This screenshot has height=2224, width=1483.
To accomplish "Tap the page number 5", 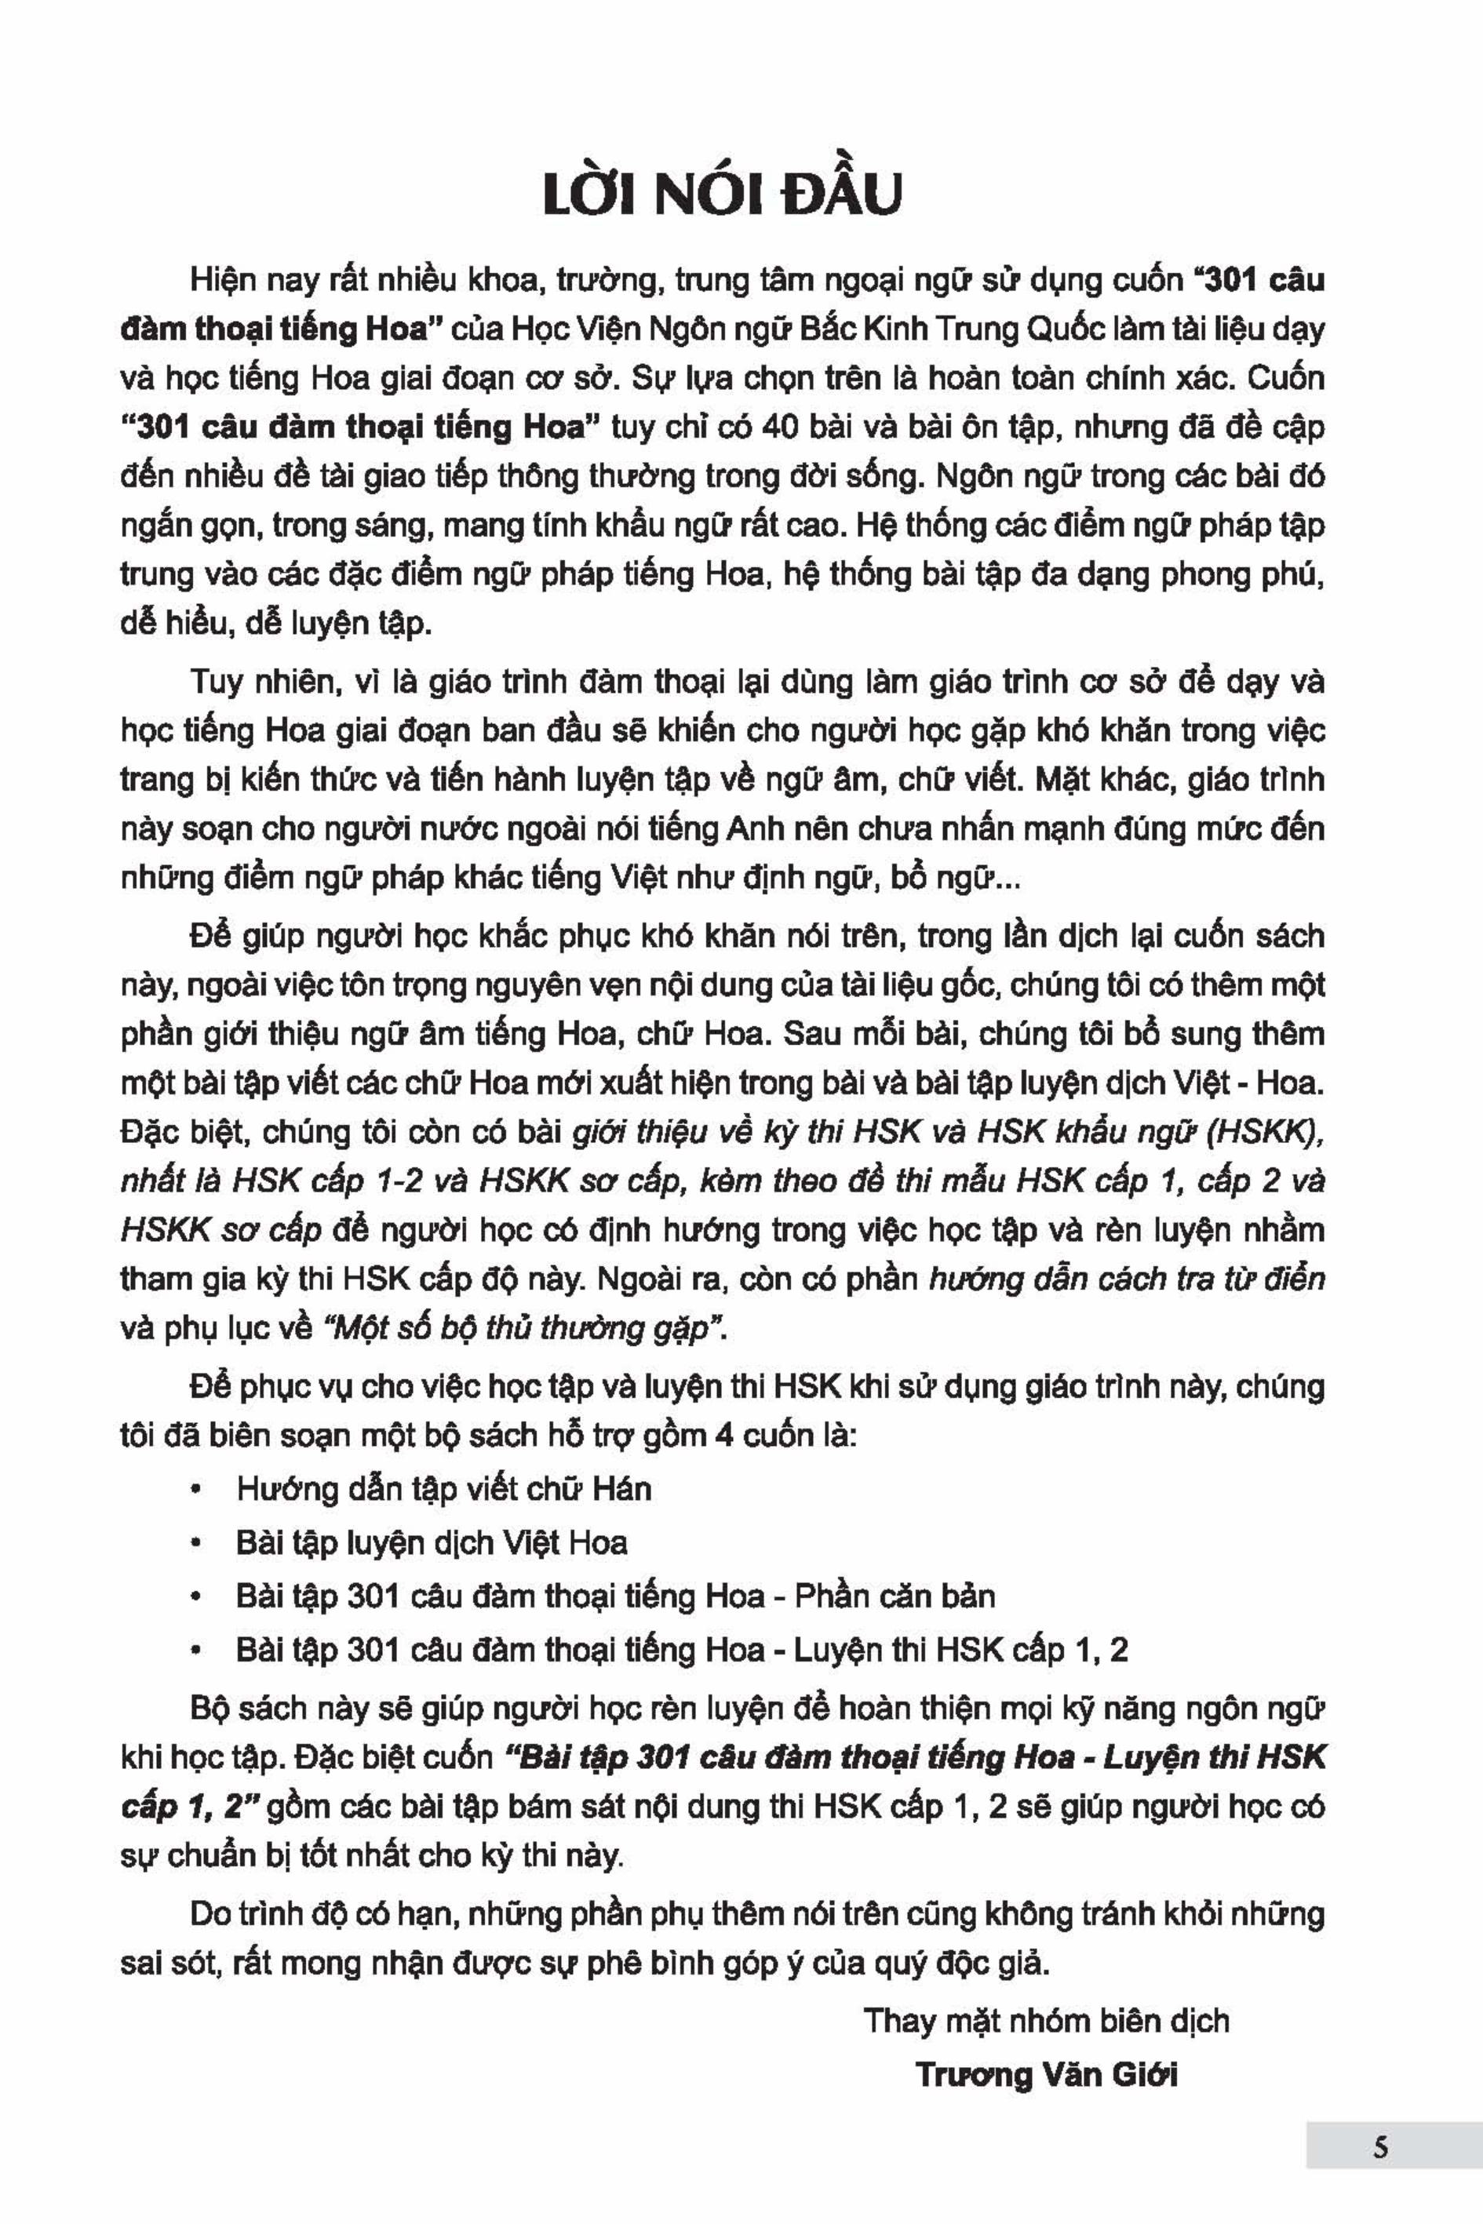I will tap(1380, 2146).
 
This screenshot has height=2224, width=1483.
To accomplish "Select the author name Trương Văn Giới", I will tap(1047, 2076).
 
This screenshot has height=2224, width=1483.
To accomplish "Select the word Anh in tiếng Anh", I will tap(751, 829).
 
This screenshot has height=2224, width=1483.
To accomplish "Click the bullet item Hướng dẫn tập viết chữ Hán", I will tap(443, 1489).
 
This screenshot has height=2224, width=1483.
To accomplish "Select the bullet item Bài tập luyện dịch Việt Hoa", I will tap(432, 1543).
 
